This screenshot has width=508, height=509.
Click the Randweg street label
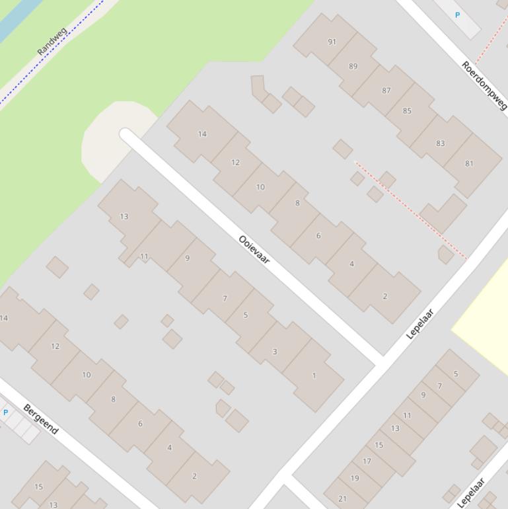[52, 42]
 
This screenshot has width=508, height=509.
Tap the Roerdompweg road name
[484, 85]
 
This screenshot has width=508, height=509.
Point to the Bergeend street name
[40, 419]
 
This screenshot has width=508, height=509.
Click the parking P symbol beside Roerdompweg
[457, 15]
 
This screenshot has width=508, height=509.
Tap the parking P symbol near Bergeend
[6, 412]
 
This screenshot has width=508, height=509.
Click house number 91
[332, 42]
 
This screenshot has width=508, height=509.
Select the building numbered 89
[353, 66]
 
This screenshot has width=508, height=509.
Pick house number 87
[386, 91]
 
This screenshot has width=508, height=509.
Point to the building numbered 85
[407, 110]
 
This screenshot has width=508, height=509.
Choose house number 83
[440, 143]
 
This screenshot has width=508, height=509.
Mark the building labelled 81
[469, 163]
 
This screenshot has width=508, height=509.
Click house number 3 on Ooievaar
[275, 351]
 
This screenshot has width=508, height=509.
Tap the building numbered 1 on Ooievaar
[314, 375]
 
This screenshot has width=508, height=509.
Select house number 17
[367, 461]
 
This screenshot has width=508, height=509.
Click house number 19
[355, 478]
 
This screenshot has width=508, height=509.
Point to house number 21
[342, 498]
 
